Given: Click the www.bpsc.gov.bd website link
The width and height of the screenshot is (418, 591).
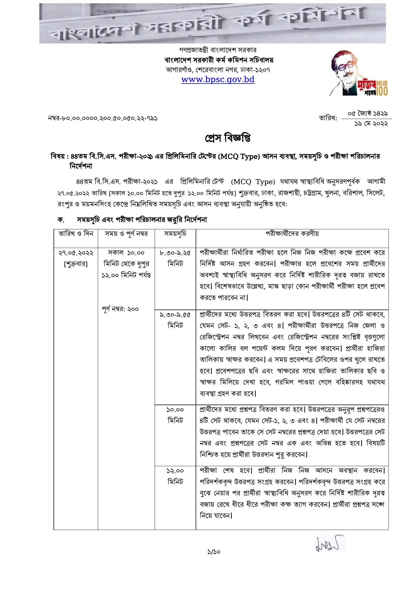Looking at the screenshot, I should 218,80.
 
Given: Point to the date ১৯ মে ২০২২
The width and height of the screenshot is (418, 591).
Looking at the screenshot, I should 371,123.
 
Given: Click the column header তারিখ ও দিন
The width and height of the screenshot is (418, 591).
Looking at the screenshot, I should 76,234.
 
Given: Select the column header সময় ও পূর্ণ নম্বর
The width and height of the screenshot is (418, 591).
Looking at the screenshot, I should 126,234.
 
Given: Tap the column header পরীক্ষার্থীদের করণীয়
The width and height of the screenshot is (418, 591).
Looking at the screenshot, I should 292,234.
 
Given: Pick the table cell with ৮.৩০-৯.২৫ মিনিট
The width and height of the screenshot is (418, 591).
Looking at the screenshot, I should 175,258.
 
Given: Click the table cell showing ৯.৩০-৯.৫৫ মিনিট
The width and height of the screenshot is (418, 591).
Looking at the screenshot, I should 175,320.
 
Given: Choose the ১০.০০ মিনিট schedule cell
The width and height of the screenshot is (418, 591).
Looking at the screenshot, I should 175,415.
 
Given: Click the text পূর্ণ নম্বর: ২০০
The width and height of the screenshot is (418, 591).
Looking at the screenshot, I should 120,309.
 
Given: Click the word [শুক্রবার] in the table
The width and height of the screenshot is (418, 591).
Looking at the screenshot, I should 76,264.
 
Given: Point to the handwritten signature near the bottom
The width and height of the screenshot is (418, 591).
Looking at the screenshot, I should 330,543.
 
